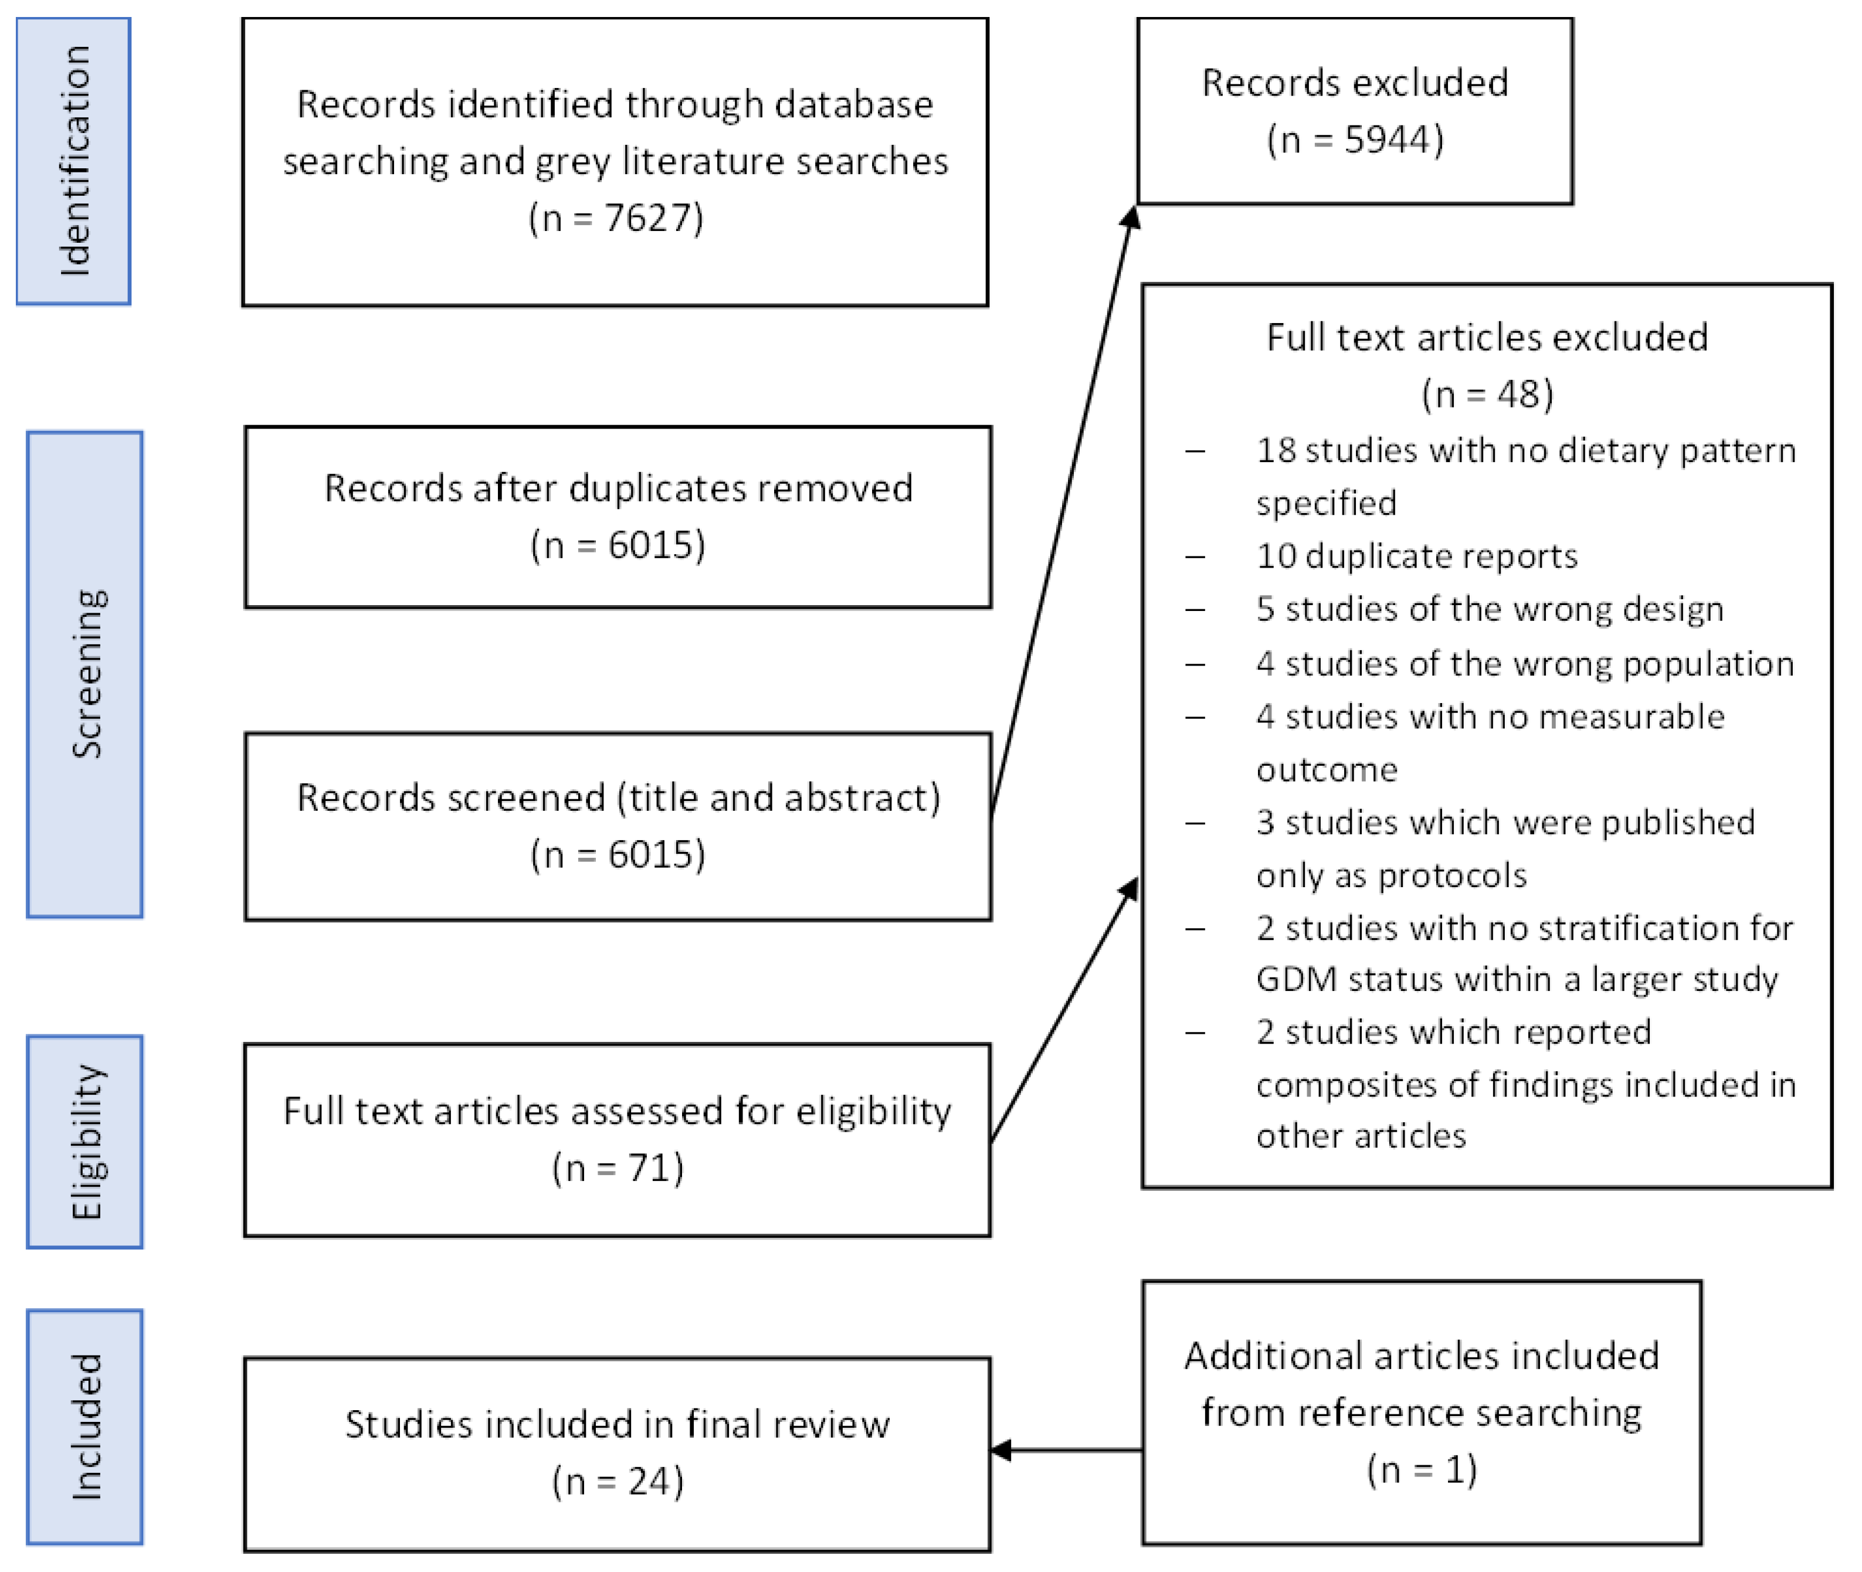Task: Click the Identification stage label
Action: click(x=74, y=161)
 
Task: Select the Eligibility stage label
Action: click(x=86, y=1142)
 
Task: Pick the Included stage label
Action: click(x=86, y=1427)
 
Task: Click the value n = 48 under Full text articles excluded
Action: click(x=1487, y=394)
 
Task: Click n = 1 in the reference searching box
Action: click(x=1422, y=1469)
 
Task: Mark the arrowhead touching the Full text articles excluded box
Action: click(x=1130, y=888)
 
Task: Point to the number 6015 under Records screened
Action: click(x=656, y=855)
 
